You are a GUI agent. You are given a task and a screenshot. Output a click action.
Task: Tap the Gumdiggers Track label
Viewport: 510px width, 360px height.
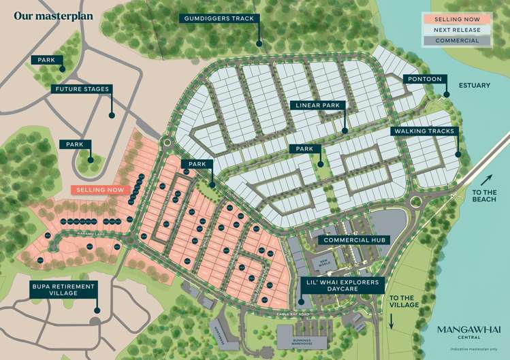[x=219, y=18]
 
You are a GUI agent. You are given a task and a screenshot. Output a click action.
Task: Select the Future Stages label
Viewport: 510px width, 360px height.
[x=80, y=88]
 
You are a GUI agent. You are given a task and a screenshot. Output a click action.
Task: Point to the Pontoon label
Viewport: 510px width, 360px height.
[x=426, y=80]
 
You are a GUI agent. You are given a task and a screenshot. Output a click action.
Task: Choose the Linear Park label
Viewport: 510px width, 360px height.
[x=319, y=105]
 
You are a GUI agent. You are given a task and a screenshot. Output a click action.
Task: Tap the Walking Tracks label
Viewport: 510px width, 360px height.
[x=424, y=131]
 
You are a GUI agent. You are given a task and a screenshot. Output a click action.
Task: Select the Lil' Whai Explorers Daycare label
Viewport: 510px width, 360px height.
[x=342, y=285]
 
